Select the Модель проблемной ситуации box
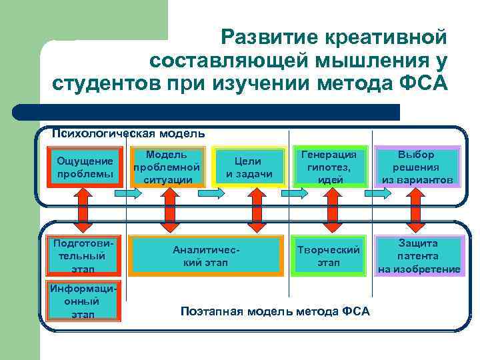click(x=166, y=166)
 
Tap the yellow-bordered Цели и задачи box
click(x=249, y=167)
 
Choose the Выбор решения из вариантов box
click(x=417, y=166)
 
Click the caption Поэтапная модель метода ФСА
click(x=275, y=311)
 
